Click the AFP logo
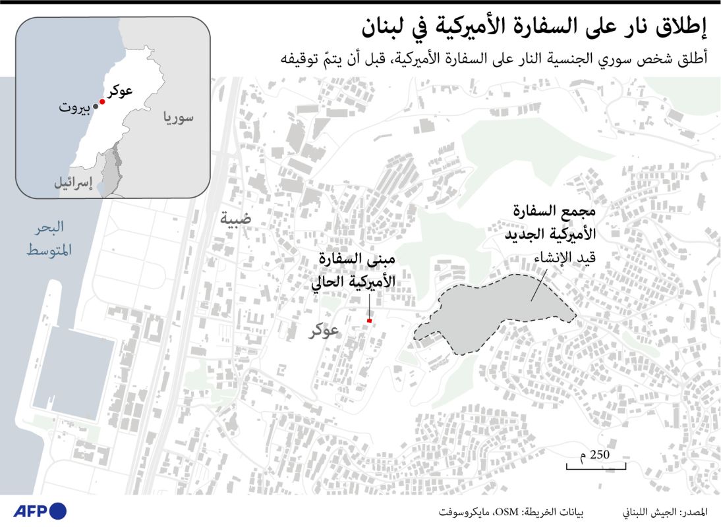click(x=40, y=511)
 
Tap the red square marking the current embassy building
click(x=370, y=321)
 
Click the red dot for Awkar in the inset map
click(x=102, y=102)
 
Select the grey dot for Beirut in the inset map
click(x=95, y=108)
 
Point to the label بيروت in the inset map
click(x=73, y=109)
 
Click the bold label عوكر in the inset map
click(x=120, y=92)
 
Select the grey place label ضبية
click(x=235, y=219)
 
